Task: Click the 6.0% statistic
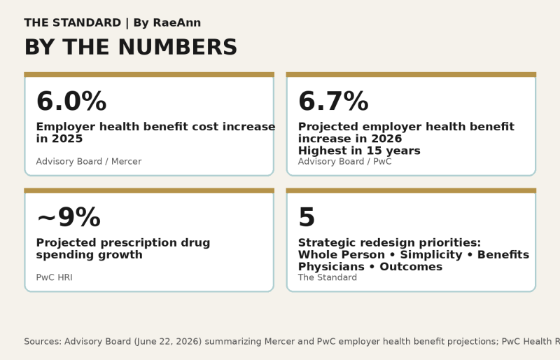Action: click(x=71, y=101)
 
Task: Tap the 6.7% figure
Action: click(x=333, y=101)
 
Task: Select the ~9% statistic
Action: click(x=69, y=217)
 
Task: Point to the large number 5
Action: click(x=307, y=217)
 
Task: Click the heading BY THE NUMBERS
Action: click(x=131, y=47)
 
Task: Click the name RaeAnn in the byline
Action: click(x=177, y=22)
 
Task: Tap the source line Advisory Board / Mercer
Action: click(x=89, y=162)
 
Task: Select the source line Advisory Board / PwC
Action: click(x=344, y=162)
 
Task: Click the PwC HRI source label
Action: click(x=55, y=277)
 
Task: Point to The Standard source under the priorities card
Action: click(x=328, y=277)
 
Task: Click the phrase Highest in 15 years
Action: click(x=359, y=151)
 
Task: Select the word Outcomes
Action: click(x=411, y=267)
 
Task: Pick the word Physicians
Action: click(x=331, y=267)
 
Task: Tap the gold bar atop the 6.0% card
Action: click(x=149, y=74)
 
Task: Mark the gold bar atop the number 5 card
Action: click(x=411, y=191)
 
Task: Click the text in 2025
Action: click(x=59, y=139)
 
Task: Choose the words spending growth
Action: click(x=90, y=255)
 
